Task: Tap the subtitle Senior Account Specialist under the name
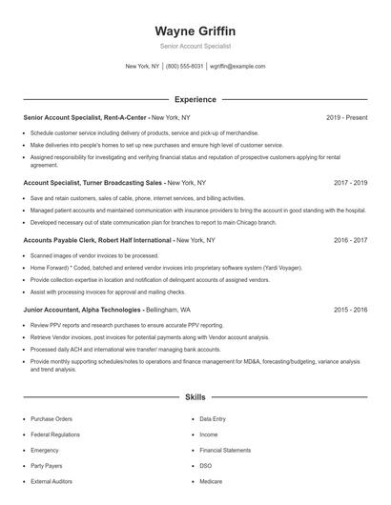(195, 46)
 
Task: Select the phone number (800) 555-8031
(184, 67)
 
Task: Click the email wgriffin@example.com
(237, 67)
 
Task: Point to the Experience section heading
(195, 99)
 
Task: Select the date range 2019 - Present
(346, 118)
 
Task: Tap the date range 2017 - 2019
(351, 181)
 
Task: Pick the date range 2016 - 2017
(351, 241)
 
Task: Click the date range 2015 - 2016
(351, 310)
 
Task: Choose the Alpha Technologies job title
(82, 310)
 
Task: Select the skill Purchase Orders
(51, 418)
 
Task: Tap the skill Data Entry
(213, 418)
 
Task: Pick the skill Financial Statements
(225, 450)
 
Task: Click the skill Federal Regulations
(54, 434)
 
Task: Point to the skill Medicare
(212, 481)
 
